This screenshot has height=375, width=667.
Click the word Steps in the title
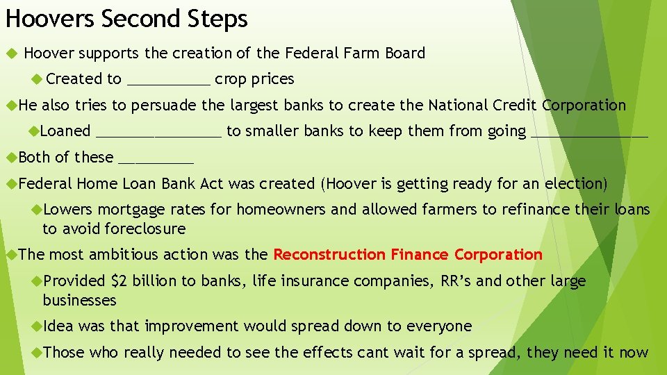[x=217, y=19]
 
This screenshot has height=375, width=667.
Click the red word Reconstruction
[x=329, y=254]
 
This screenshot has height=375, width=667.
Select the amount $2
[x=119, y=281]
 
